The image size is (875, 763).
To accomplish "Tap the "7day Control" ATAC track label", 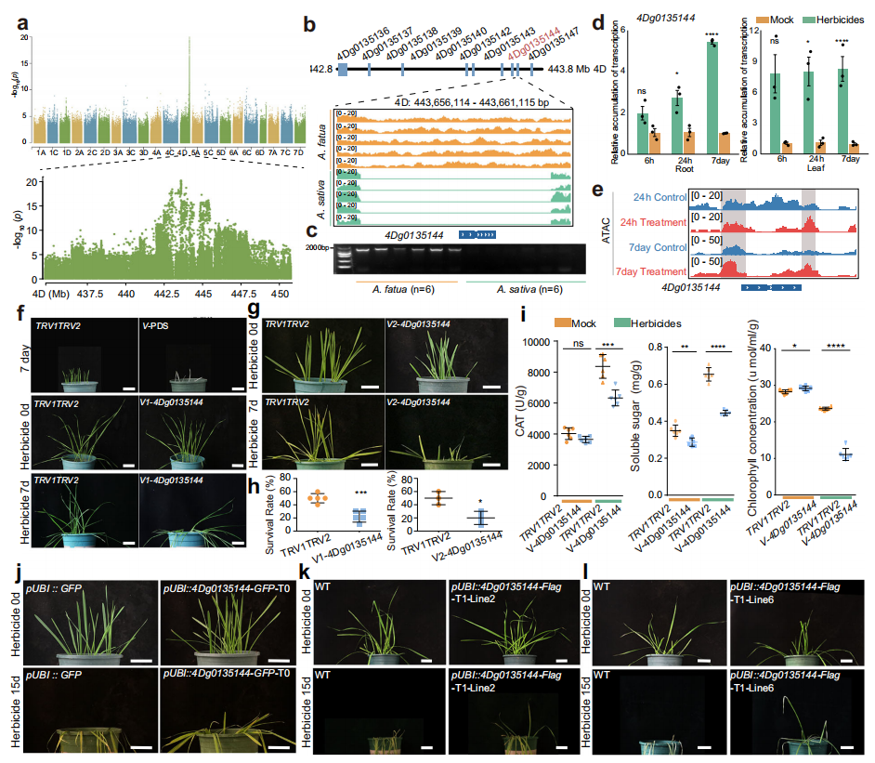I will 653,247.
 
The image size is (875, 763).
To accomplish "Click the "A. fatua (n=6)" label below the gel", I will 391,287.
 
